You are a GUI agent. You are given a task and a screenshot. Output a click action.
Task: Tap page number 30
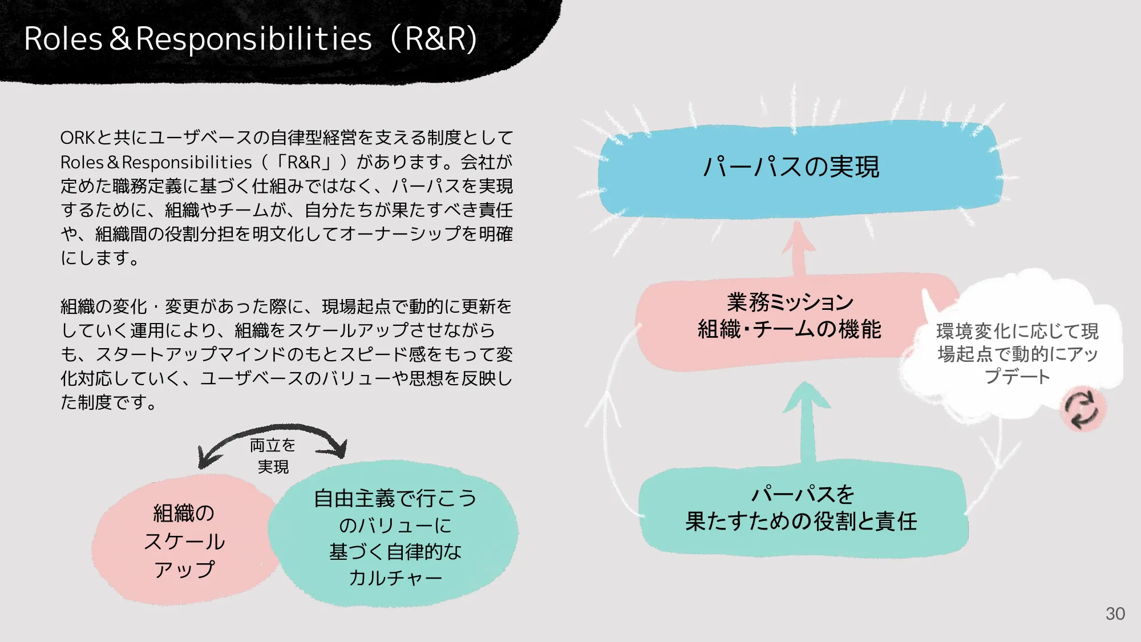tap(1115, 613)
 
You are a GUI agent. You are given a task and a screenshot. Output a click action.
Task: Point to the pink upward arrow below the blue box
tap(799, 248)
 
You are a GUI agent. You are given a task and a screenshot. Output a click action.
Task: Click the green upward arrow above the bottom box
tap(807, 419)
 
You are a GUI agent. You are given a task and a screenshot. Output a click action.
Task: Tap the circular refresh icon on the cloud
tap(1082, 409)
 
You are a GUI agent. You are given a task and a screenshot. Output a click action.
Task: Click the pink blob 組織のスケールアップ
tap(184, 540)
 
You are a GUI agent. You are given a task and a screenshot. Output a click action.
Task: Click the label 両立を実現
tap(273, 455)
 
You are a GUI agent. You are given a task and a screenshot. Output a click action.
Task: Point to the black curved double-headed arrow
tap(273, 431)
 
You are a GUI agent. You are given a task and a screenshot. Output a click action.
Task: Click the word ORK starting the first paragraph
tap(78, 138)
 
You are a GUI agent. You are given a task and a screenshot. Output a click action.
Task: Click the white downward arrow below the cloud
tap(998, 445)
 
